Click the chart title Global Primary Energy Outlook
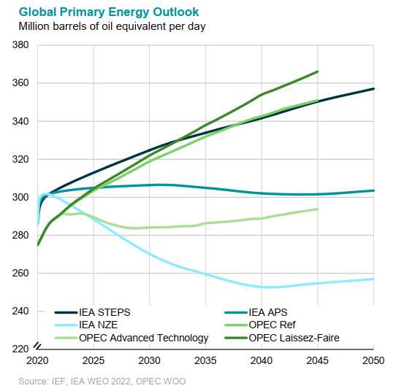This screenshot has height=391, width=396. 109,12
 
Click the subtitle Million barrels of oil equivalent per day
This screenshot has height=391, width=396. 112,26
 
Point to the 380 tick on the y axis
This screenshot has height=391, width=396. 20,45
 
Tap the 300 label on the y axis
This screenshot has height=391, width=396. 20,197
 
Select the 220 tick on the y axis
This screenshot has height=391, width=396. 20,349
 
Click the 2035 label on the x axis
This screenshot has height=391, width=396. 205,361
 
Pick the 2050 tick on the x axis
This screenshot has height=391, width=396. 373,361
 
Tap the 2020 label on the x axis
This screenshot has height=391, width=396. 37,361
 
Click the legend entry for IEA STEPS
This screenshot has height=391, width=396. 93,313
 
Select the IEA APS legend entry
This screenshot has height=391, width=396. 256,313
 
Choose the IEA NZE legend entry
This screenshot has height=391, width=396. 86,325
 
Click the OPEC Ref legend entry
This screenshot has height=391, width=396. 260,325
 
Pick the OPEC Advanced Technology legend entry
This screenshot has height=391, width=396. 132,338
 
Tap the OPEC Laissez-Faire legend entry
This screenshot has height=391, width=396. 282,338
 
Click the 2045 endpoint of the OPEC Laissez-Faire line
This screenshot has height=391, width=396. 317,71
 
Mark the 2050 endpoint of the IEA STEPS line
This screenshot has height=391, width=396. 373,89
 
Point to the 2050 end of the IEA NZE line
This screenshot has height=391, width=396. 373,279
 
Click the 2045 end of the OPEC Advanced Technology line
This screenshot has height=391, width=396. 317,209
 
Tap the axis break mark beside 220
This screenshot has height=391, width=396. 37,346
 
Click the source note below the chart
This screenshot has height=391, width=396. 102,382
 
